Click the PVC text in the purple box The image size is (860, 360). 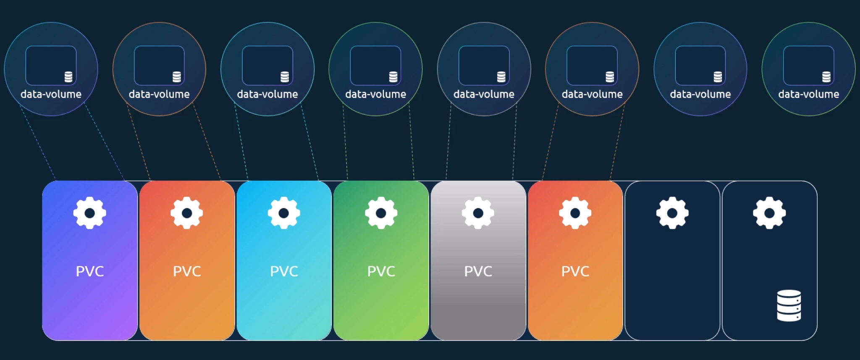(90, 271)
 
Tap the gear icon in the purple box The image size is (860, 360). (90, 213)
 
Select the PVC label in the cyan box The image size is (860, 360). (284, 271)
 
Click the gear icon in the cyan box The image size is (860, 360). (284, 213)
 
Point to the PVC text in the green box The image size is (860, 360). (381, 271)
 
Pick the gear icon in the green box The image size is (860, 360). (381, 213)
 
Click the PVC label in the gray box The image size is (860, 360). (478, 271)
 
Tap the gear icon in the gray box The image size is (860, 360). (478, 213)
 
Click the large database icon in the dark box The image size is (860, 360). (789, 305)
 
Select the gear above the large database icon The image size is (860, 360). (769, 213)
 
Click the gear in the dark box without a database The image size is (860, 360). (672, 213)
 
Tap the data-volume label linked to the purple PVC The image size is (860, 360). (51, 94)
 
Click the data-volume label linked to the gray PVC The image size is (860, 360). (484, 94)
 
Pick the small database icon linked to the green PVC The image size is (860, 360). (393, 77)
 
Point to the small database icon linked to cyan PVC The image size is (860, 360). (285, 77)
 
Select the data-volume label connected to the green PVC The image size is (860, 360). (375, 94)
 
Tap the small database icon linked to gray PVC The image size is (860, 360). (501, 77)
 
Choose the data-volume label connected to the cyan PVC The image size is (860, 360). (267, 94)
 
